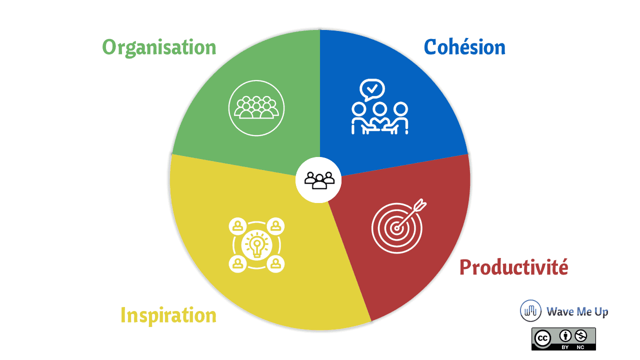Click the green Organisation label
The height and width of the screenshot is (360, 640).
pyautogui.click(x=159, y=47)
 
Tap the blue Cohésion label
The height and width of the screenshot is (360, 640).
pyautogui.click(x=464, y=47)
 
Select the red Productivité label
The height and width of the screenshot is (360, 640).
pyautogui.click(x=513, y=267)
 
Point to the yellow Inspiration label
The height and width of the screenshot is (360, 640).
pyautogui.click(x=168, y=315)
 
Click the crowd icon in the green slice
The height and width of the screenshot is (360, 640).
pyautogui.click(x=256, y=108)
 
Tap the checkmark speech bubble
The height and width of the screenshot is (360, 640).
pyautogui.click(x=372, y=89)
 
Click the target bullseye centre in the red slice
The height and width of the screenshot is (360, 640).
pyautogui.click(x=396, y=228)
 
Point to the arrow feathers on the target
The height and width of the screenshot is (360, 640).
pyautogui.click(x=419, y=205)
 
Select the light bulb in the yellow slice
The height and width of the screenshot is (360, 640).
pyautogui.click(x=256, y=245)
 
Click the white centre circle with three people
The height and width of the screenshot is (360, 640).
pyautogui.click(x=318, y=180)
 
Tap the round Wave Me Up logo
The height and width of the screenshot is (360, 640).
pyautogui.click(x=530, y=311)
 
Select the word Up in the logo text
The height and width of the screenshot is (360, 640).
pyautogui.click(x=601, y=312)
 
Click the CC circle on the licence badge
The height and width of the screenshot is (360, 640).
pyautogui.click(x=542, y=338)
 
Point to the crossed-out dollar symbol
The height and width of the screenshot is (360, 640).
pyautogui.click(x=581, y=336)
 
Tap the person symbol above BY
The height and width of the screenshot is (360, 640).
pyautogui.click(x=565, y=336)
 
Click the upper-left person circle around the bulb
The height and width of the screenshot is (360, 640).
pyautogui.click(x=237, y=226)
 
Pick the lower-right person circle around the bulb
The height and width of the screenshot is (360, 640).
pyautogui.click(x=275, y=263)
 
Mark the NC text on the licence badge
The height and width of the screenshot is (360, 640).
pyautogui.click(x=580, y=347)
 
